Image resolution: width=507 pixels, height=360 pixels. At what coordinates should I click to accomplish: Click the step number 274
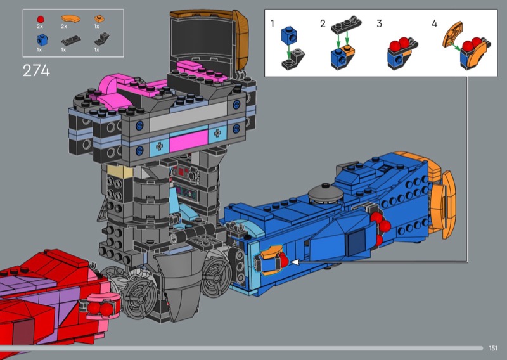point(36,70)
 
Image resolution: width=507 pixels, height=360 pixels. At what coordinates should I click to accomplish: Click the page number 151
point(493,348)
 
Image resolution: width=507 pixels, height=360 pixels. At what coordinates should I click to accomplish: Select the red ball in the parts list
point(41,20)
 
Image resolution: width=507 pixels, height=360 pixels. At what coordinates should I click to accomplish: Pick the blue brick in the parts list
point(42,41)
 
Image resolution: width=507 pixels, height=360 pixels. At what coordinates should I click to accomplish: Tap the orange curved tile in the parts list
point(70,18)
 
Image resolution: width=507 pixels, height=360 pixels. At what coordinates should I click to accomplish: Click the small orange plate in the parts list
point(99,19)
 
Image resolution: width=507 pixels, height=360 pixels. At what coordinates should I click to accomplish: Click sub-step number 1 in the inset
point(273,23)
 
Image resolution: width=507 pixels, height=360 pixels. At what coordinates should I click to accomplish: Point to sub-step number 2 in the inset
point(323,23)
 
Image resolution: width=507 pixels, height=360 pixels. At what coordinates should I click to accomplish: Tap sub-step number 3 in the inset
point(379,23)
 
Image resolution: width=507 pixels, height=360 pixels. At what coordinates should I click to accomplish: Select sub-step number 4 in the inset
point(435,23)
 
